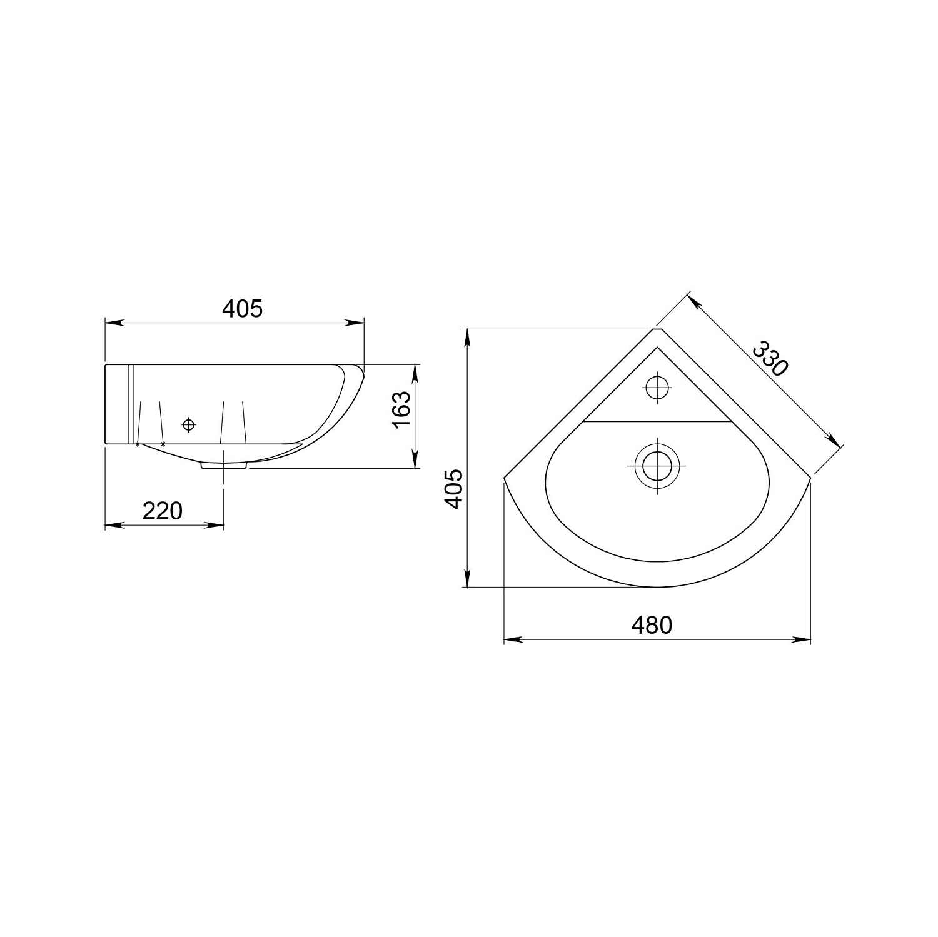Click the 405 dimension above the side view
(243, 308)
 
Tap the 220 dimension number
(163, 511)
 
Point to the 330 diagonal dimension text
(768, 358)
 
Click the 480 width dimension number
(652, 624)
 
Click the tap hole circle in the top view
(657, 387)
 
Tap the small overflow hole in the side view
(188, 425)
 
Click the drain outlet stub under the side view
(223, 464)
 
